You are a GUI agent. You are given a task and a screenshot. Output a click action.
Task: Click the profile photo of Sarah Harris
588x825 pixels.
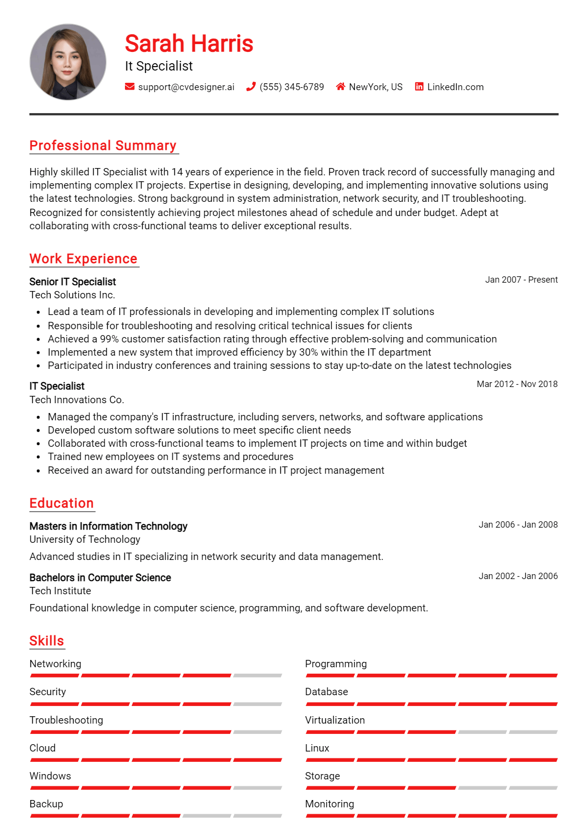click(x=68, y=62)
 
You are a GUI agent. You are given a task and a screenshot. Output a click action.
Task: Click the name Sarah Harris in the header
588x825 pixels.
click(x=189, y=44)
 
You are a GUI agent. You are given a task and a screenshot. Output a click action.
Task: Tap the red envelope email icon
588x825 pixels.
click(x=129, y=87)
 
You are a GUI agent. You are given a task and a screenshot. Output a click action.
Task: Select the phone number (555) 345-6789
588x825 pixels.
click(x=292, y=87)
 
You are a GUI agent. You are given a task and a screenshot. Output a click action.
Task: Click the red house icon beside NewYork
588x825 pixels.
click(x=341, y=87)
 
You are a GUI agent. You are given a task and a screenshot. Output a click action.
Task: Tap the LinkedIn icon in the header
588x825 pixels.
click(x=419, y=87)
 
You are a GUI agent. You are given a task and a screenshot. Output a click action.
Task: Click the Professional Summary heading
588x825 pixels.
click(x=103, y=146)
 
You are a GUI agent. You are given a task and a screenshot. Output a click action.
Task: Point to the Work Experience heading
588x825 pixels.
click(x=83, y=259)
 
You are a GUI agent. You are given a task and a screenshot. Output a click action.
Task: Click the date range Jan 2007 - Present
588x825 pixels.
click(x=521, y=280)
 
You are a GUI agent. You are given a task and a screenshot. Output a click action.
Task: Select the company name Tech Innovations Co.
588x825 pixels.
click(x=77, y=400)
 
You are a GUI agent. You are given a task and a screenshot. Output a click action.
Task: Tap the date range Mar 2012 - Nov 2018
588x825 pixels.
click(x=517, y=384)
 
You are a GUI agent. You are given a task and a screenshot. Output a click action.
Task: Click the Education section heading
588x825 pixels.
click(x=61, y=503)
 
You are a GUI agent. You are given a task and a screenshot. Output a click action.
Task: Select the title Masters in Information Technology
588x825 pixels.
click(x=108, y=526)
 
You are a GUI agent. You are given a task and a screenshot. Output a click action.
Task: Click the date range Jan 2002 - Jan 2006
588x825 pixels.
click(x=518, y=576)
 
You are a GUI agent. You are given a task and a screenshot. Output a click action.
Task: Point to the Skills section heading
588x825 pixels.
click(x=47, y=641)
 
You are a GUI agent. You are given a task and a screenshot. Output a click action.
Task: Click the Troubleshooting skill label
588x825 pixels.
click(x=66, y=720)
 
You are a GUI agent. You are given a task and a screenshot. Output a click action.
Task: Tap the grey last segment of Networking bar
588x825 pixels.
click(x=258, y=676)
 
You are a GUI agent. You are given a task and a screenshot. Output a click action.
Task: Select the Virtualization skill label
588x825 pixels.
click(x=335, y=720)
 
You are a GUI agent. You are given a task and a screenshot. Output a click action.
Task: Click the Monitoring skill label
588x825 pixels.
click(x=329, y=804)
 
